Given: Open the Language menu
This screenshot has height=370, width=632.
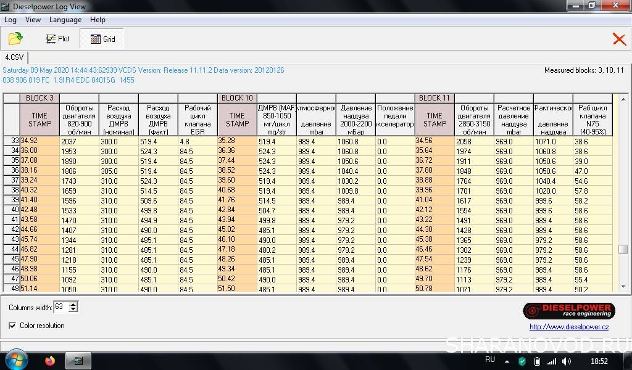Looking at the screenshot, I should [65, 20].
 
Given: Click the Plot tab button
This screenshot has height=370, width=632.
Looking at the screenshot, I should [58, 39].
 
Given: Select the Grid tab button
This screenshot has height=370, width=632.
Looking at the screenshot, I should [102, 39].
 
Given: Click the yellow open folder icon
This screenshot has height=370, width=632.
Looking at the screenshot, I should [15, 39].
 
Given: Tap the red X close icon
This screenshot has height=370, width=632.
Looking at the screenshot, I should [619, 39].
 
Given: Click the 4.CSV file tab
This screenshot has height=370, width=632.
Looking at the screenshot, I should [14, 57].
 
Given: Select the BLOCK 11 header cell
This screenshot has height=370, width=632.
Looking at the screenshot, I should [434, 98].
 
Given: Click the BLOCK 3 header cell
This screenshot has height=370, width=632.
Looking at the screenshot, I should [39, 98].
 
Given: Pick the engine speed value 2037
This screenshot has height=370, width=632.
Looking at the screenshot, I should [69, 141].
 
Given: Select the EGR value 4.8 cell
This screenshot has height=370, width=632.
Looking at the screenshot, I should [185, 141].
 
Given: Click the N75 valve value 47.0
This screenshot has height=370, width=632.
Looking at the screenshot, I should [581, 171].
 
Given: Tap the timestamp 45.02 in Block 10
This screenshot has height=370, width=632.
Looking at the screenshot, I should [227, 229].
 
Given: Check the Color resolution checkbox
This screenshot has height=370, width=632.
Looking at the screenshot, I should [13, 326].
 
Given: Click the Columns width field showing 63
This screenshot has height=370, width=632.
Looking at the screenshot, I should [60, 306].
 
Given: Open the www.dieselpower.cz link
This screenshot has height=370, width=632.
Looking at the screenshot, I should [569, 327].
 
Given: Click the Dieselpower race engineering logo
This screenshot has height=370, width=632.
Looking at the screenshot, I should [568, 311].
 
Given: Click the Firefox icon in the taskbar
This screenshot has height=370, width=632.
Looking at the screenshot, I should [50, 361].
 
